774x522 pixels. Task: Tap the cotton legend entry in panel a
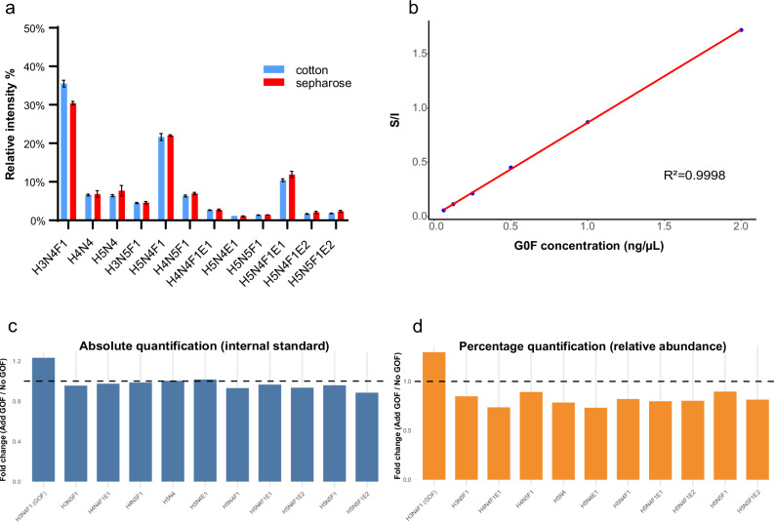[293, 69]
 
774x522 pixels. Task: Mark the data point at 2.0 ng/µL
[741, 30]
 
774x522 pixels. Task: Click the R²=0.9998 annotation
[694, 176]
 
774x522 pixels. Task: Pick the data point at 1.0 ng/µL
[587, 122]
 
